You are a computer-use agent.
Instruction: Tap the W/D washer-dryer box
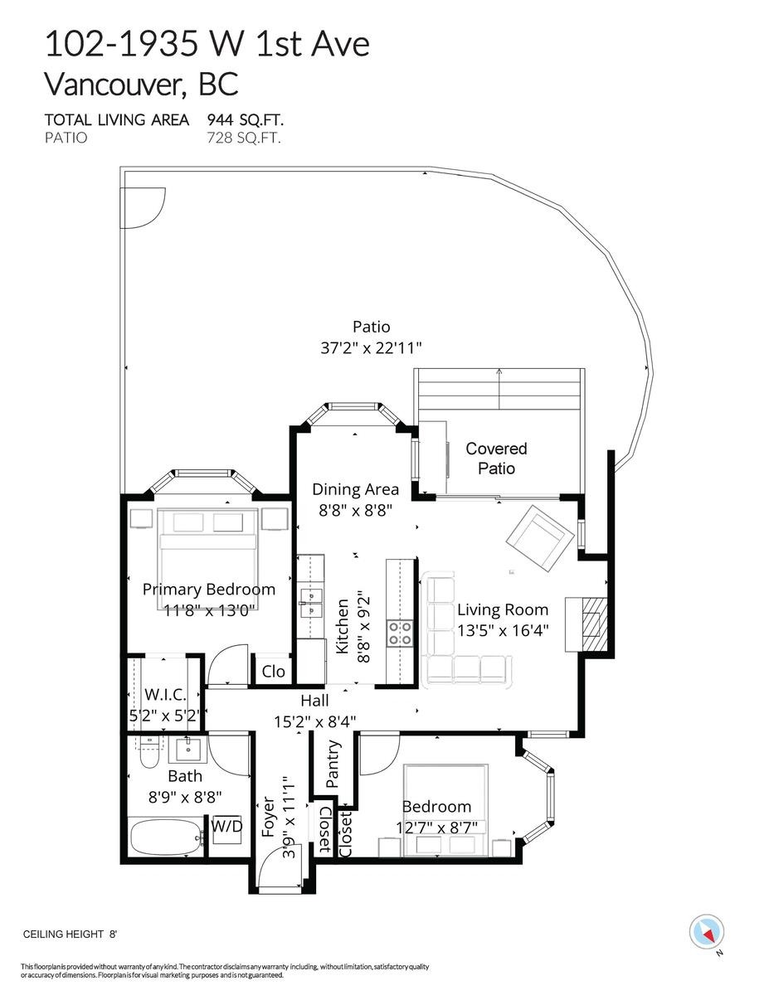[226, 827]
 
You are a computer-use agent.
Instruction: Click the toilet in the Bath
[148, 755]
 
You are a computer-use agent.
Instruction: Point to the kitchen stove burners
[399, 633]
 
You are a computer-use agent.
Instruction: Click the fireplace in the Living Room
[594, 622]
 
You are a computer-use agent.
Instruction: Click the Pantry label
[333, 763]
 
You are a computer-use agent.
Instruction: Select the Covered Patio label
[496, 459]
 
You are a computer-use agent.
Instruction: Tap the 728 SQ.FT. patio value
[243, 138]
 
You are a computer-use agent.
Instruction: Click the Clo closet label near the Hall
[273, 671]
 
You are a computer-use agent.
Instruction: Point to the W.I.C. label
[163, 694]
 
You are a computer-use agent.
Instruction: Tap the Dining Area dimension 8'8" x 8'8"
[355, 512]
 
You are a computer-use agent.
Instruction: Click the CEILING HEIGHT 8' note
[70, 934]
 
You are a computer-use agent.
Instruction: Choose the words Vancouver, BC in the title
[141, 84]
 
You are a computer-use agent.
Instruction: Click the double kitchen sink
[312, 603]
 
